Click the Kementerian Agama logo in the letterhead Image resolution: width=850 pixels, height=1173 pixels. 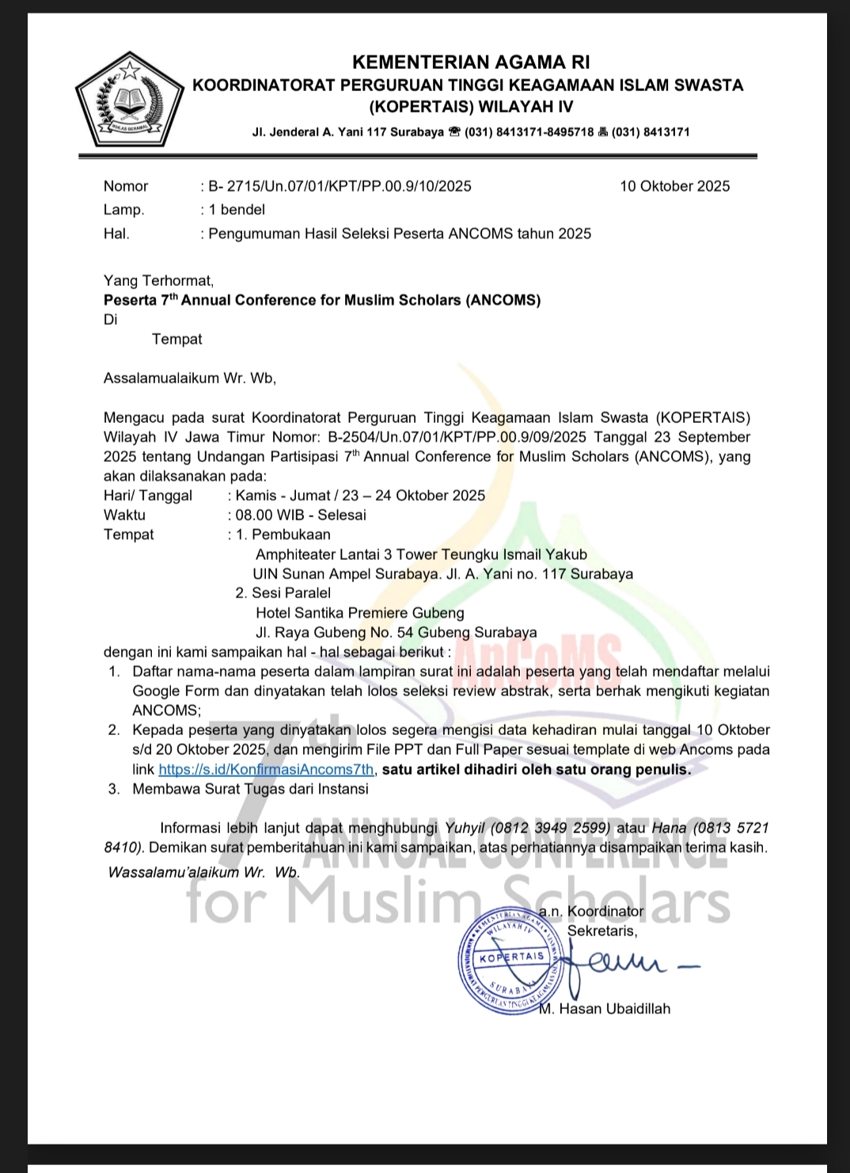point(127,100)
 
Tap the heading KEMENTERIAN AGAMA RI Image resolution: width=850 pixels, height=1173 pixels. point(470,63)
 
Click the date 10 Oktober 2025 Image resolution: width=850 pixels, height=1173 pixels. point(674,187)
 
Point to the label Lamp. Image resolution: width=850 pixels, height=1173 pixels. point(123,210)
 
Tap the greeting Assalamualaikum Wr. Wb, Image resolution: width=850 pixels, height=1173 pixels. point(190,379)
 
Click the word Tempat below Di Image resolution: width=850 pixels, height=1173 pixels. point(176,340)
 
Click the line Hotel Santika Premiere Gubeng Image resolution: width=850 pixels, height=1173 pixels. point(359,613)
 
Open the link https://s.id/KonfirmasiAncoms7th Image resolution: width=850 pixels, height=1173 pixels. point(266,770)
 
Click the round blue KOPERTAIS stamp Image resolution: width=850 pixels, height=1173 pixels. point(512,958)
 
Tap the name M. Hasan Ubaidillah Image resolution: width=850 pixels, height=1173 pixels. point(605,1009)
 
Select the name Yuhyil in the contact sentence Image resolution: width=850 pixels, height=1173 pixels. point(465,828)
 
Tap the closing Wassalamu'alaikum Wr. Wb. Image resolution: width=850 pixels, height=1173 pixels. point(203,873)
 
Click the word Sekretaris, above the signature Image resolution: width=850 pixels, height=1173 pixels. point(601,931)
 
